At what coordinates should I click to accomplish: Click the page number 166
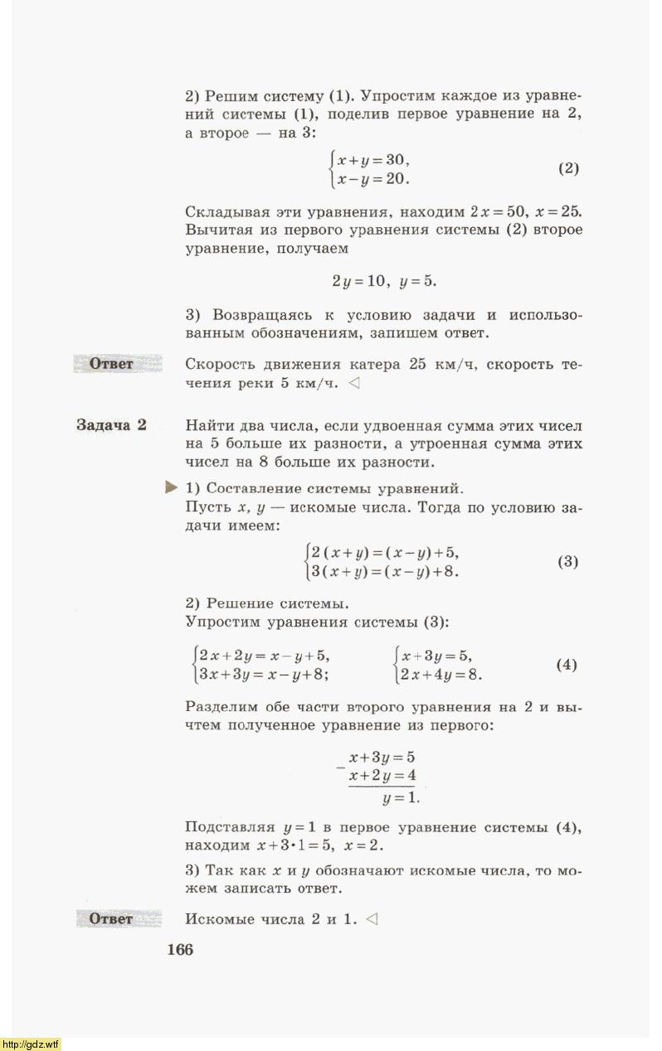point(180,950)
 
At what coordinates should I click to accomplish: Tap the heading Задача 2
point(111,425)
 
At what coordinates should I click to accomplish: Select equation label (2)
point(568,168)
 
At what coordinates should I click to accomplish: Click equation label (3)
point(568,562)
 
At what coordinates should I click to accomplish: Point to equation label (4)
point(567,665)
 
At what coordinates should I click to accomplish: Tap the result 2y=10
point(360,281)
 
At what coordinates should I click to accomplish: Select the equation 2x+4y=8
point(441,674)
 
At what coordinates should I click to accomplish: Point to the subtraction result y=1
point(401,797)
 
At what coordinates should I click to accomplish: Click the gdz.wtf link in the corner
point(31,1044)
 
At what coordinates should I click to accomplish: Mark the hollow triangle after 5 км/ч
point(354,384)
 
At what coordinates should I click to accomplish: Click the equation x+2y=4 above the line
point(382,776)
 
